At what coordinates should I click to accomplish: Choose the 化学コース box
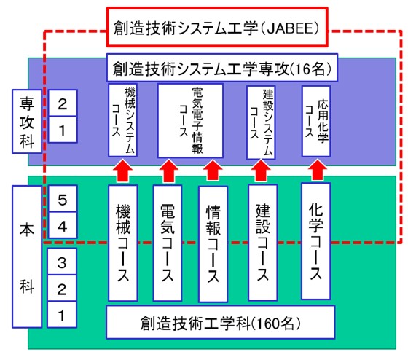[316, 240]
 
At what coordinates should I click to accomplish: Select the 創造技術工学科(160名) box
[221, 320]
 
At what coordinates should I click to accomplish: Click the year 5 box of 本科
[62, 198]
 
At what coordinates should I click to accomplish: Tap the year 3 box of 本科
[62, 261]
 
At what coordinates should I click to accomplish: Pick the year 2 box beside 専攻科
[62, 103]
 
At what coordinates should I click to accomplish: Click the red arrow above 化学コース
[316, 170]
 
